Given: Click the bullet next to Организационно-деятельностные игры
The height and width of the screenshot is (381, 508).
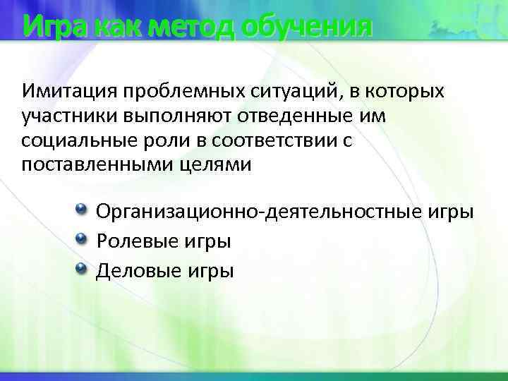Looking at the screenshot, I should pyautogui.click(x=81, y=210).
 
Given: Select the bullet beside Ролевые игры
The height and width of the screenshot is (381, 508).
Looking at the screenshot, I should pyautogui.click(x=81, y=239).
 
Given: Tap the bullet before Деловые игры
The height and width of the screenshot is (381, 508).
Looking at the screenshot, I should pyautogui.click(x=81, y=268).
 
